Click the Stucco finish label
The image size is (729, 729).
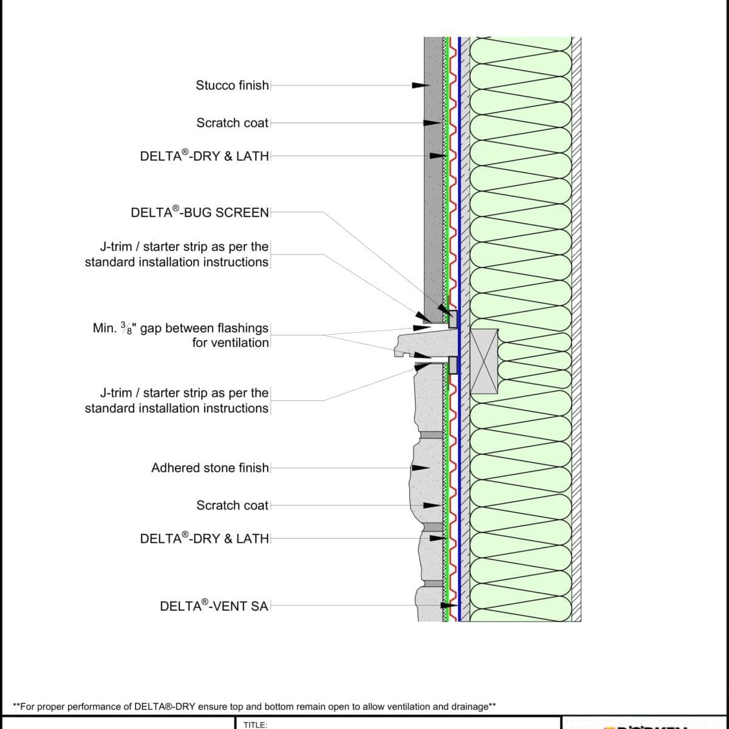tap(232, 85)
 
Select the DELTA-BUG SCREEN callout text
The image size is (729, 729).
tap(200, 213)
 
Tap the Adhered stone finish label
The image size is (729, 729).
tap(210, 468)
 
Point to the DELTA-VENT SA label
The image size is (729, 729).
tap(214, 606)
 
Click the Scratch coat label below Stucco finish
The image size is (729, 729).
tap(232, 123)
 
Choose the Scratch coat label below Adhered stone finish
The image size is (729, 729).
tap(232, 505)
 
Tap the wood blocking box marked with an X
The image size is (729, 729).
tap(484, 361)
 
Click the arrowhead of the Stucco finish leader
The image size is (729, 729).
tap(420, 85)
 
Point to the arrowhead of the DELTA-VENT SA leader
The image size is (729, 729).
tap(448, 606)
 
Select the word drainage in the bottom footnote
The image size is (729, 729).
tap(470, 707)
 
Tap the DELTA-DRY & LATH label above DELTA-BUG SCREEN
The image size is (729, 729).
tap(204, 156)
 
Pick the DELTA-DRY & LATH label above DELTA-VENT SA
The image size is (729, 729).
tap(204, 539)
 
